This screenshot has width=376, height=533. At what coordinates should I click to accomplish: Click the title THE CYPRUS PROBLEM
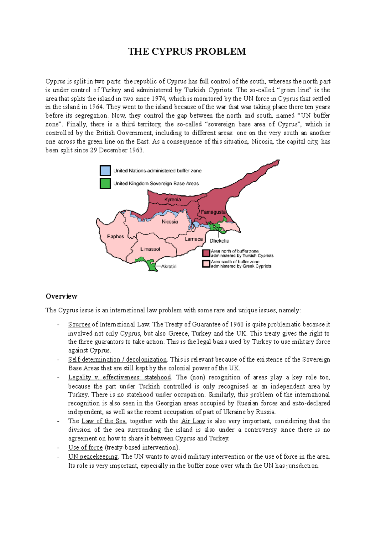coord(187,51)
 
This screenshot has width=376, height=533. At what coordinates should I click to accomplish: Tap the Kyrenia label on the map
coord(172,199)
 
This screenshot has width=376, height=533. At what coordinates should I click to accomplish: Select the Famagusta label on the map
coord(213,212)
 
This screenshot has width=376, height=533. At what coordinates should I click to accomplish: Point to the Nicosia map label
coord(170,222)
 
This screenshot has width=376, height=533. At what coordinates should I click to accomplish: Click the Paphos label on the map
coord(116,236)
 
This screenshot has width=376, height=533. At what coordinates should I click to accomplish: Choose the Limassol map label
coord(150,249)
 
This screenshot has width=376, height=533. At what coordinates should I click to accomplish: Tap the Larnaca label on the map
coord(194,239)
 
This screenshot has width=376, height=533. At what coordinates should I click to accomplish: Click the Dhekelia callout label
coord(219,241)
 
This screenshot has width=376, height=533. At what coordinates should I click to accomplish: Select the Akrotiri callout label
coord(169,266)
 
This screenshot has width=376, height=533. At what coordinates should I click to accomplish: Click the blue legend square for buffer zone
coord(105,170)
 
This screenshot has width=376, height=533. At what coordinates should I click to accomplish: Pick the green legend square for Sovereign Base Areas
coord(105,183)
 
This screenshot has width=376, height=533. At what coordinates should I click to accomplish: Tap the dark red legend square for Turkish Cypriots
coord(206,253)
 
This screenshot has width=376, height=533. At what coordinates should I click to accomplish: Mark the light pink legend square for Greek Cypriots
coord(206,264)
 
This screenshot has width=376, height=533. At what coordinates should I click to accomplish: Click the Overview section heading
coord(61,296)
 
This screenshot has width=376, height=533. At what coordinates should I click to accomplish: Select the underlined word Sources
coord(79,325)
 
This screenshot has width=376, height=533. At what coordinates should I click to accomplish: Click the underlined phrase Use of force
coord(86,447)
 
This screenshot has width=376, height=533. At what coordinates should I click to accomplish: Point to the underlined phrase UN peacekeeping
coord(93,456)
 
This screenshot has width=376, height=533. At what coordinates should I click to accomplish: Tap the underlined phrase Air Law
coord(193,421)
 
